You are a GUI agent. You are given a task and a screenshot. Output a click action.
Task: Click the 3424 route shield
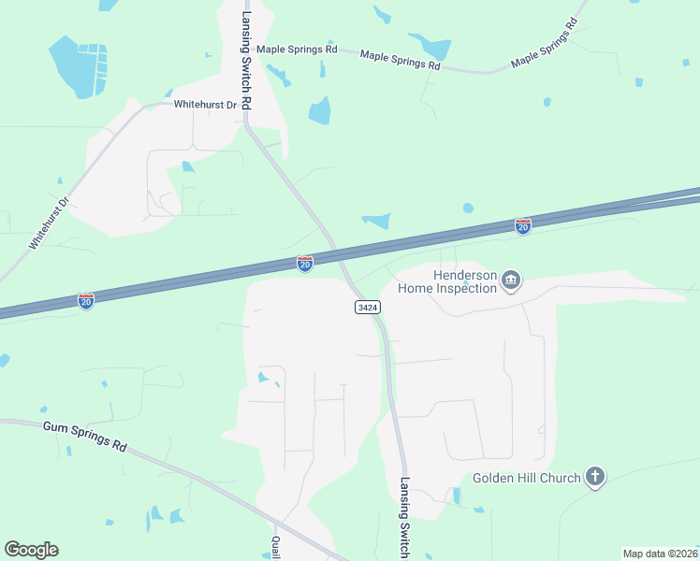tap(366, 307)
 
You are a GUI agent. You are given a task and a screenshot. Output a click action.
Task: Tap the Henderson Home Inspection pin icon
tap(511, 280)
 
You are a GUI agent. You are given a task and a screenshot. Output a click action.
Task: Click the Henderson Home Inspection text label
tap(447, 281)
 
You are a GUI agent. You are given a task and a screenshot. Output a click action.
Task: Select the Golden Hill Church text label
tap(526, 478)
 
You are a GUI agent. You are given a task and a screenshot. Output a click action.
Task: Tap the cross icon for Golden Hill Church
tap(594, 477)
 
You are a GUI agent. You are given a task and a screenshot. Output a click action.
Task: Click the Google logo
tap(31, 550)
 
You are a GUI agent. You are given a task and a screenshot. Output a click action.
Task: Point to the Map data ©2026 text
tap(659, 554)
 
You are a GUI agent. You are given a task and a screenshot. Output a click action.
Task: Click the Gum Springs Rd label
tap(84, 437)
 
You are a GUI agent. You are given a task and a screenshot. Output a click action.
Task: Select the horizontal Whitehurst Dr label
tap(205, 105)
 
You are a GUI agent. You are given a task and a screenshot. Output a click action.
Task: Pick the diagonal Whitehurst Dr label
tap(50, 223)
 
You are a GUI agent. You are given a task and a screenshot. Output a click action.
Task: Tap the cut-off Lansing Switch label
tap(404, 519)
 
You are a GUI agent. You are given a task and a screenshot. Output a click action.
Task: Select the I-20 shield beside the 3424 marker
tap(305, 265)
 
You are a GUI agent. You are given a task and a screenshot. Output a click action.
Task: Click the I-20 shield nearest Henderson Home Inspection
tap(523, 226)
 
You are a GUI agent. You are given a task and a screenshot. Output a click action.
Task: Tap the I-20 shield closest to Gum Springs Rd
tap(86, 301)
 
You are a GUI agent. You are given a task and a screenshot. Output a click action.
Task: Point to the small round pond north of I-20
tap(468, 208)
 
